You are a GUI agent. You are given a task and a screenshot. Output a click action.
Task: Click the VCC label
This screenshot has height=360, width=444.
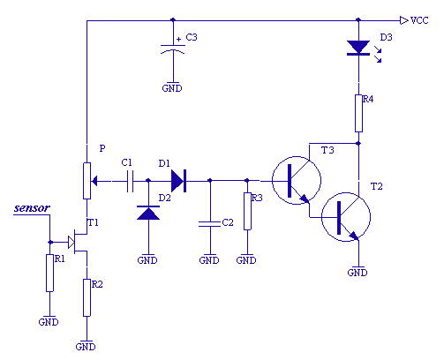click(x=419, y=20)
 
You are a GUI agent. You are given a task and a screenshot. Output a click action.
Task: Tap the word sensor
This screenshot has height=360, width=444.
click(x=32, y=208)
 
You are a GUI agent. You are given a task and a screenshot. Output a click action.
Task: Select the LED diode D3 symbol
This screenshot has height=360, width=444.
click(x=358, y=48)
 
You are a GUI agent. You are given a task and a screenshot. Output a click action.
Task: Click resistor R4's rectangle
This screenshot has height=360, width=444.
click(x=358, y=113)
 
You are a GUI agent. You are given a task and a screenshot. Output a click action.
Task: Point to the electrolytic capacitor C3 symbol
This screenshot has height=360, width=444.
click(x=173, y=49)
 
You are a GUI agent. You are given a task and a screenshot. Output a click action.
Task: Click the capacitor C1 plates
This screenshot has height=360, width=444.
click(x=130, y=181)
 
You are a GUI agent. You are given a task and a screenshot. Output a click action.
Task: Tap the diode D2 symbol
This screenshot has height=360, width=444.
click(x=148, y=213)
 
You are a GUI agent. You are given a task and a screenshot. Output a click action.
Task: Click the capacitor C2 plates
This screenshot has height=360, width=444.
click(x=210, y=224)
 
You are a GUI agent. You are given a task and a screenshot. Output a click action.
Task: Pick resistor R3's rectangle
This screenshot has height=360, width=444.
click(x=247, y=211)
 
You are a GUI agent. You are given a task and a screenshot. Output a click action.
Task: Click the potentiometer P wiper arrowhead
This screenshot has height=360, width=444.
click(x=94, y=181)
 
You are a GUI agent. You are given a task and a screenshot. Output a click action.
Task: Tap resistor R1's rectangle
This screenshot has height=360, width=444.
click(x=49, y=273)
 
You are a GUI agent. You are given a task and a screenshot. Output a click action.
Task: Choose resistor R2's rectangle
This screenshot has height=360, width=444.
click(x=87, y=297)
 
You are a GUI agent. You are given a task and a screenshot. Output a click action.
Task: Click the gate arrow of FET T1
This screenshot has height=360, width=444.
click(x=71, y=242)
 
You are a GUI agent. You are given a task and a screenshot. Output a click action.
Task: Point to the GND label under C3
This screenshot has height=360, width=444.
click(x=172, y=88)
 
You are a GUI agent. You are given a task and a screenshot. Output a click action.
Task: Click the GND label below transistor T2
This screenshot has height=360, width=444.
click(x=357, y=273)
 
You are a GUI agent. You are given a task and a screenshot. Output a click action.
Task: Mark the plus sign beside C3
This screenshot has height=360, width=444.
click(x=178, y=39)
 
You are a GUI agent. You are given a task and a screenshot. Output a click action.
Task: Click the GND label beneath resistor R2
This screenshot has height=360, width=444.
click(x=86, y=347)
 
